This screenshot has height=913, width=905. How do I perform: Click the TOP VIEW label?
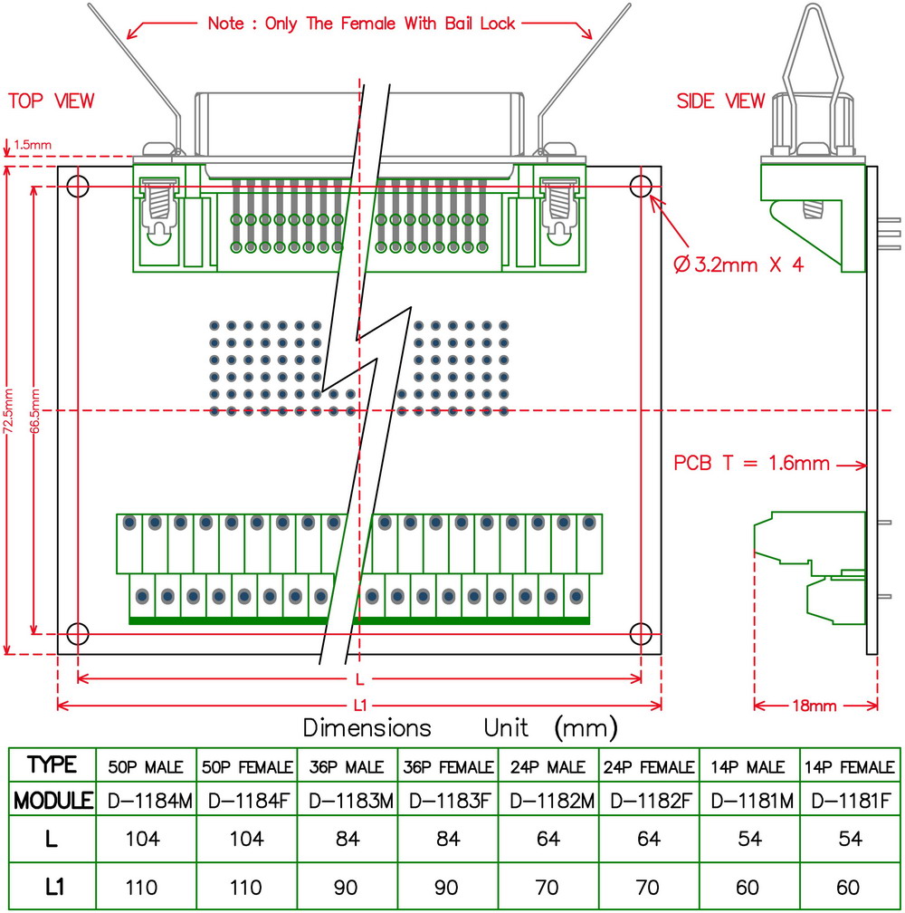[52, 101]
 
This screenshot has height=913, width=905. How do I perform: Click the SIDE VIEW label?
[720, 101]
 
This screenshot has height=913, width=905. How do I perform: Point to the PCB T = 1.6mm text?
[751, 463]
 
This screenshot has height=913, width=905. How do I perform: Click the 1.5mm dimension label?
[33, 143]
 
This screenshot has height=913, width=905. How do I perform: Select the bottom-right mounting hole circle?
[641, 633]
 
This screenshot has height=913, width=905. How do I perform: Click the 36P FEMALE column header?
[446, 767]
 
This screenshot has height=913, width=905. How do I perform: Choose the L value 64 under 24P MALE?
[548, 839]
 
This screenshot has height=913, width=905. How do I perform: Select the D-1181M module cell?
[748, 801]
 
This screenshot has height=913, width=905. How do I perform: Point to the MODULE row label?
[52, 801]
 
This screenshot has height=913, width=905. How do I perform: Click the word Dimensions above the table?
[367, 727]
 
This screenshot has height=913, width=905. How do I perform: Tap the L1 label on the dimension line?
[360, 706]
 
